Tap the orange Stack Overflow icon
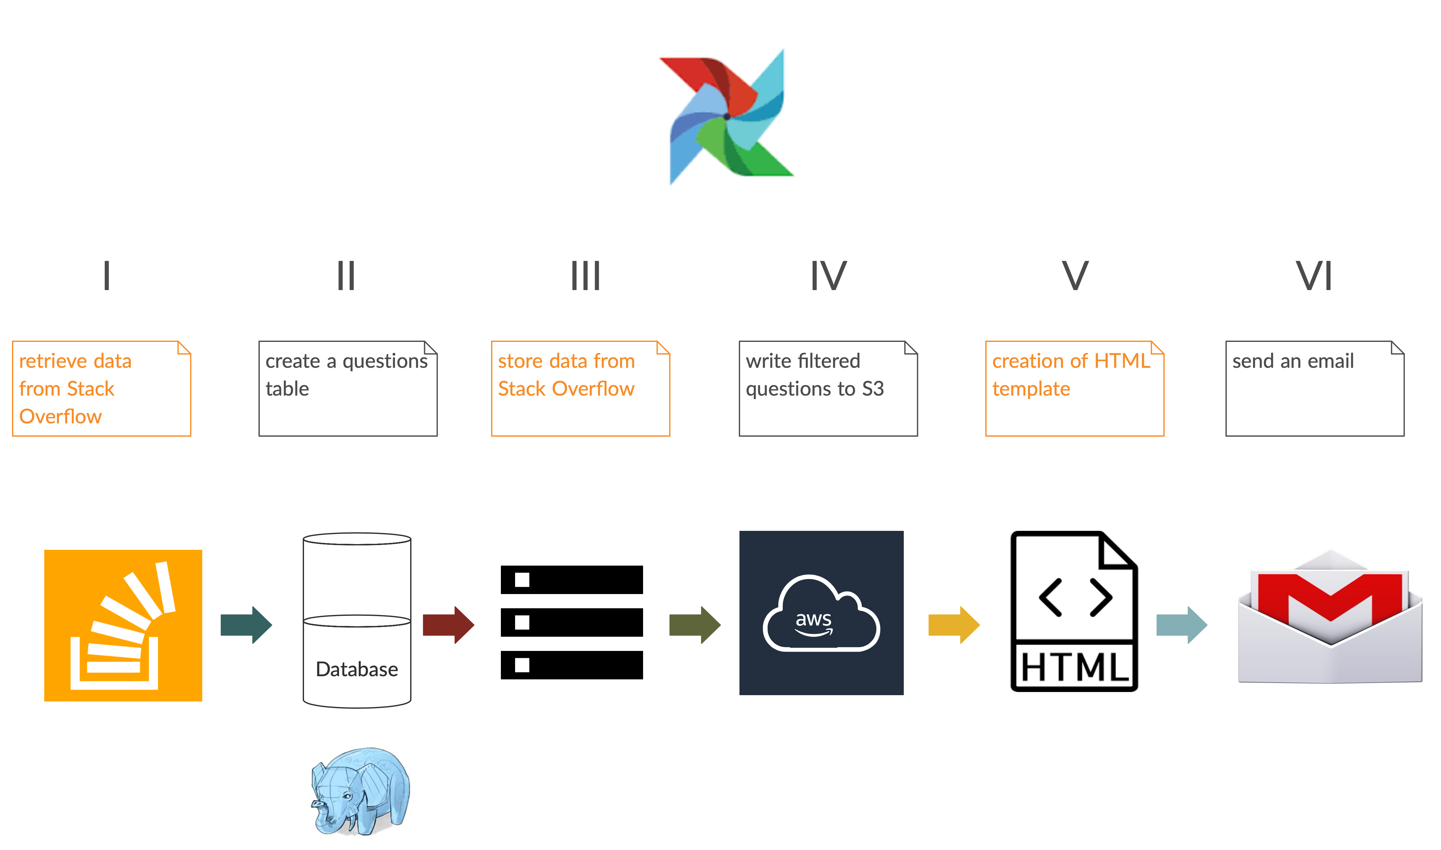pos(123,625)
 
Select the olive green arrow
pos(695,625)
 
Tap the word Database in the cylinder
pos(357,669)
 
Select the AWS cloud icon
pos(821,613)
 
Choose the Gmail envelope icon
pos(1330,619)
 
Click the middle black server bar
pos(572,622)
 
